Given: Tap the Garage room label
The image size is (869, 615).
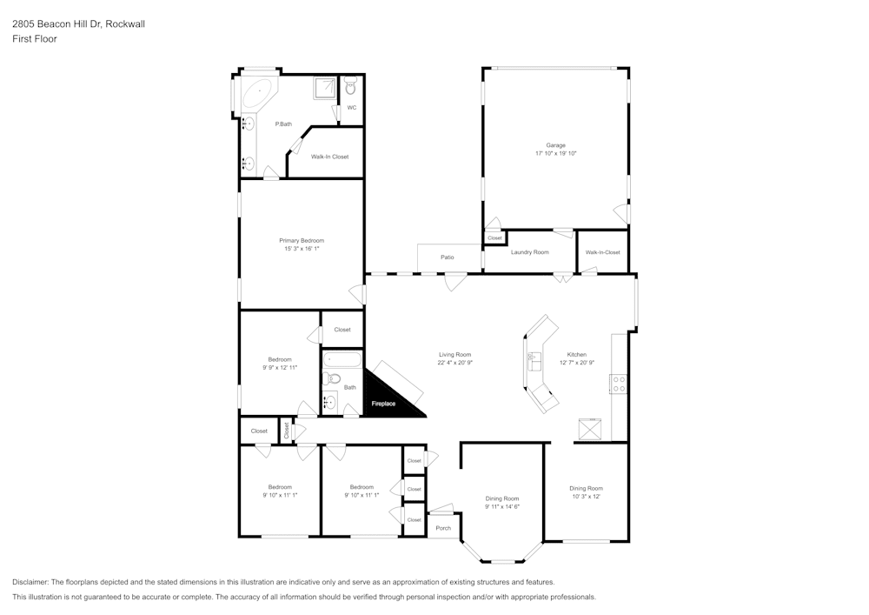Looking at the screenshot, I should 555,145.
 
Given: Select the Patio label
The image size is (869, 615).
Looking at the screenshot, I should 448,257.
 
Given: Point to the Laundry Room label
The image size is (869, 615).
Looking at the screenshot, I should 529,252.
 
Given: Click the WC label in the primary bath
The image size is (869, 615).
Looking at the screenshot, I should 352,108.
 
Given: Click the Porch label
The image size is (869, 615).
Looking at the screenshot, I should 443,528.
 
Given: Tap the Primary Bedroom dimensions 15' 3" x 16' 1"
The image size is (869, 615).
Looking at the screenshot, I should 302,249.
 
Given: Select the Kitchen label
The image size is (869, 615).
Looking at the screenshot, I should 577,355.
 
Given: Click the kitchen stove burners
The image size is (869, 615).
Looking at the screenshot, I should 619,384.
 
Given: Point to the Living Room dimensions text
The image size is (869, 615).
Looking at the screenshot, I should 454,363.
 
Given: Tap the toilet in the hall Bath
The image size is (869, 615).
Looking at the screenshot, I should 332,378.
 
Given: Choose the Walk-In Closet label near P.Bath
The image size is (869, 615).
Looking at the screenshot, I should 329,157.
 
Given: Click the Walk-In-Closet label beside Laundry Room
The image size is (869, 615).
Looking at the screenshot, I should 602,252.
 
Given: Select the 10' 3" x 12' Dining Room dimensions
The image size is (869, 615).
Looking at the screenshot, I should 586,497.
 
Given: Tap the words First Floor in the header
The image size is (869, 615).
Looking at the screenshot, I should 35,39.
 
